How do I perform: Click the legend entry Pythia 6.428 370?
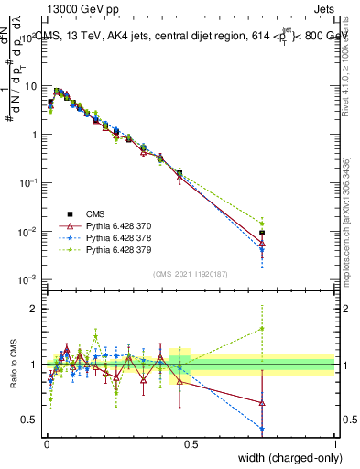coord(115,224)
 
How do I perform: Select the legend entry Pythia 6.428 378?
coord(115,236)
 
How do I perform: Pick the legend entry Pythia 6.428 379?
coord(115,248)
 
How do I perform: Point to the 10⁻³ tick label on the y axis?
coord(27,278)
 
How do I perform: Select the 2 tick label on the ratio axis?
coord(35,309)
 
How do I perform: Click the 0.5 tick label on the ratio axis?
coord(30,420)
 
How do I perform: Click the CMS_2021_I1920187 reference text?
coord(190,273)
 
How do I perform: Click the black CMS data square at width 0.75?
coord(262,233)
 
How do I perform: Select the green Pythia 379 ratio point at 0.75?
coord(262,328)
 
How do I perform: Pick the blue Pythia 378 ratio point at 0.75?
coord(262,429)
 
